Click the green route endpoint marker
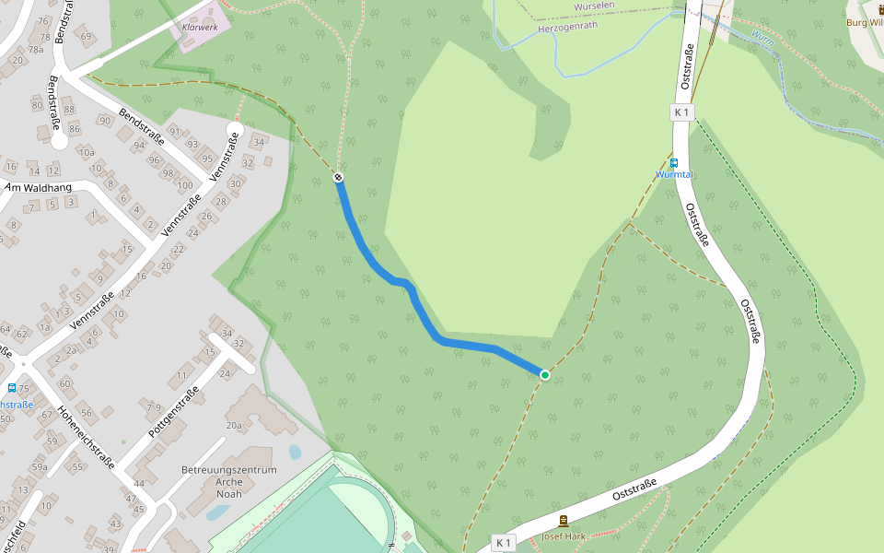pyautogui.click(x=545, y=374)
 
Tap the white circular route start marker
pyautogui.click(x=339, y=177)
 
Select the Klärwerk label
pyautogui.click(x=200, y=28)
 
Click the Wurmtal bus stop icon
pyautogui.click(x=673, y=162)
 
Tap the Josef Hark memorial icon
pyautogui.click(x=564, y=522)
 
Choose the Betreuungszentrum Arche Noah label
pyautogui.click(x=229, y=482)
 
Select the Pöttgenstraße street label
pyautogui.click(x=173, y=412)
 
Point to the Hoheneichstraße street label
pyautogui.click(x=85, y=438)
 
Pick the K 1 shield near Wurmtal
pyautogui.click(x=682, y=112)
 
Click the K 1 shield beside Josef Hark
pyautogui.click(x=503, y=543)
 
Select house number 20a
pyautogui.click(x=234, y=425)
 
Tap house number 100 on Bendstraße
pyautogui.click(x=185, y=185)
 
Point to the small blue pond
pyautogui.click(x=294, y=453)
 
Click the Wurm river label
pyautogui.click(x=763, y=38)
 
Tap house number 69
pyautogui.click(x=87, y=37)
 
